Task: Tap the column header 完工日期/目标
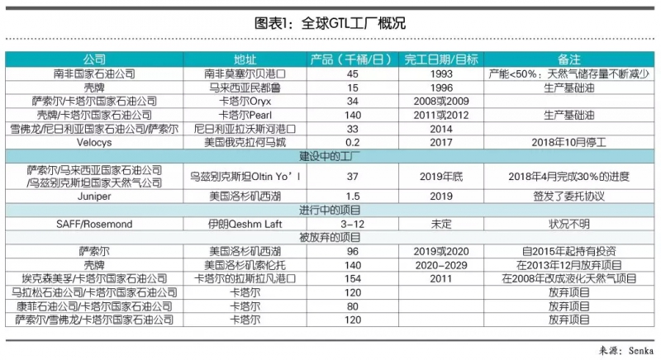442,59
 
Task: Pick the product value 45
352,73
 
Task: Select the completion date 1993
442,73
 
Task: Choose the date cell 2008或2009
442,100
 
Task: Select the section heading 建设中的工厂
330,154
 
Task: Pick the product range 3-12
352,224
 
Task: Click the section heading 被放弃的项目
330,237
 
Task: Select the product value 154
352,277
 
